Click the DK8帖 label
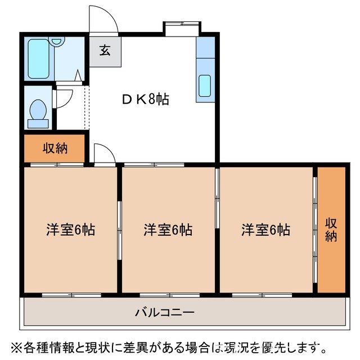(x=145, y=100)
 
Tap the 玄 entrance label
(x=105, y=51)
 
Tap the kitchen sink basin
(x=204, y=87)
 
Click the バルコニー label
(x=164, y=312)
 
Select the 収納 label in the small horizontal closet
(x=55, y=148)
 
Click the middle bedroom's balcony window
(x=168, y=294)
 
